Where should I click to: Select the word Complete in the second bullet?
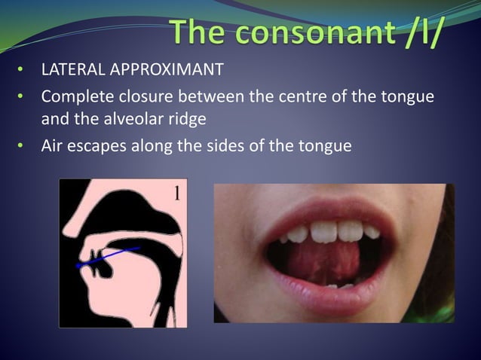[74, 98]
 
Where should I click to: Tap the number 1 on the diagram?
[176, 193]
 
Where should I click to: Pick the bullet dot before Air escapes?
[23, 146]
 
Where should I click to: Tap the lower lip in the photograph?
[332, 300]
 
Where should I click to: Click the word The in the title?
[198, 32]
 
